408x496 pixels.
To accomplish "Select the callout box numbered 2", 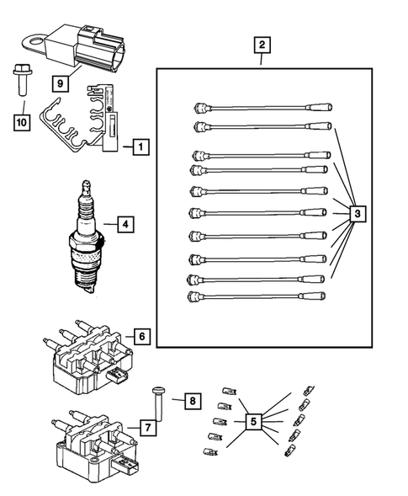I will [262, 45].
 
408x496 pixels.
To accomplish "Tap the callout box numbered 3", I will [358, 216].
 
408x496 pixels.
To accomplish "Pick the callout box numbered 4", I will [124, 225].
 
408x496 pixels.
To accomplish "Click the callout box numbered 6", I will [142, 337].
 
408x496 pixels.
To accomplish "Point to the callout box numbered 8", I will [192, 400].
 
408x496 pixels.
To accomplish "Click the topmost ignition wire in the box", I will [261, 107].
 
